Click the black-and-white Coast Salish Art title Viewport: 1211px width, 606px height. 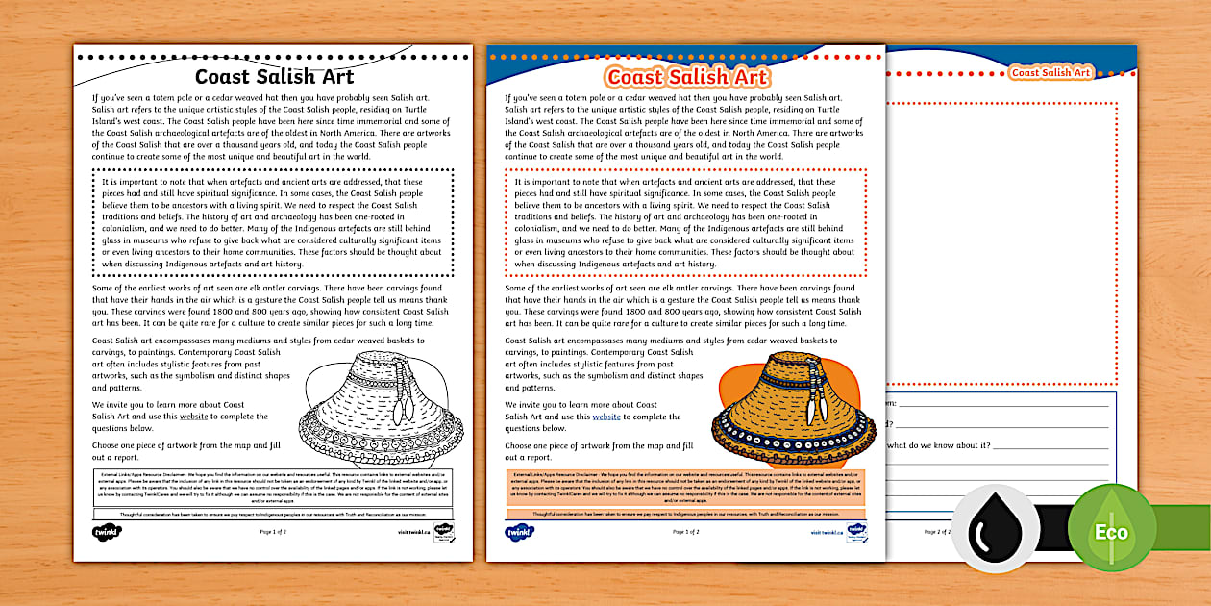(274, 77)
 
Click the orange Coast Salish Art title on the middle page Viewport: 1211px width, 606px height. (687, 77)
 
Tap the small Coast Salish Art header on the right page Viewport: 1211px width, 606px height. (1050, 72)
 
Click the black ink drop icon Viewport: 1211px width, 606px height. (996, 530)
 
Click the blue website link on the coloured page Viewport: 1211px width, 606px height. (606, 417)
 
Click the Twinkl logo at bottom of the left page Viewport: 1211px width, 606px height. (105, 531)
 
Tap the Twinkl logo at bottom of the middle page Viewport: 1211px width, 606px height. (519, 531)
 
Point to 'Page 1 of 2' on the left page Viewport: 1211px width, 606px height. (273, 531)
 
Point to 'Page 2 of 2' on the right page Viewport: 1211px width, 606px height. (937, 531)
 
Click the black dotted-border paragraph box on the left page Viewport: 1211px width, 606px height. (274, 222)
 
